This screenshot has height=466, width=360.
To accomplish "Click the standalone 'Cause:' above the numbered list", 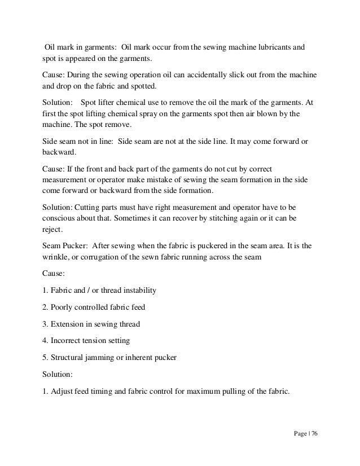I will pos(54,274).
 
